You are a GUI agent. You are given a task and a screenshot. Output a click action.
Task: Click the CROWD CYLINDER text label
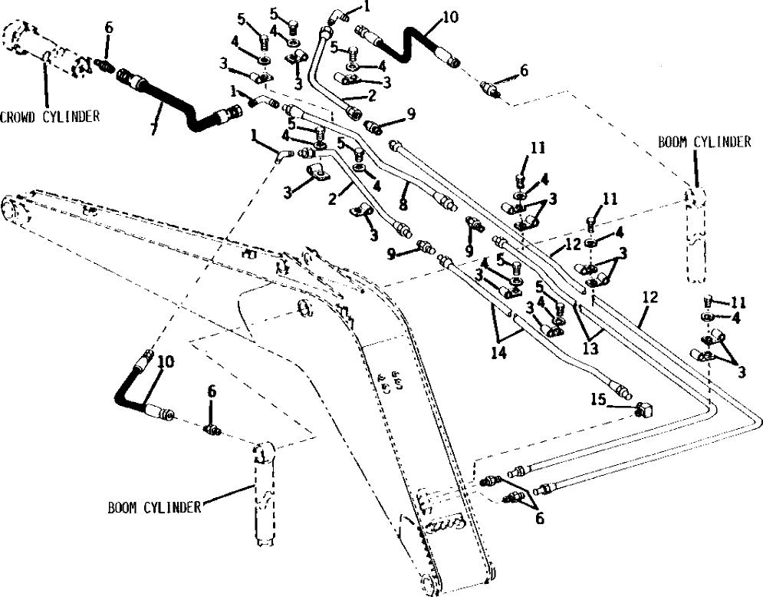coord(50,117)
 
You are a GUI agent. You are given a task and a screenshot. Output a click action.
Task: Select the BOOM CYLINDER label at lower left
coord(153,506)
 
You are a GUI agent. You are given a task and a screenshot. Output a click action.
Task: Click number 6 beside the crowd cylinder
coord(108,27)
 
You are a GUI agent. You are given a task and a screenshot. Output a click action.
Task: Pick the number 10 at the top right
coord(450,15)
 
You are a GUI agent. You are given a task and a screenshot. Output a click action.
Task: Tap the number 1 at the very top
coord(367,6)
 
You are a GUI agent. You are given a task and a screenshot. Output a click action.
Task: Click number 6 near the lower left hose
coord(212,392)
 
